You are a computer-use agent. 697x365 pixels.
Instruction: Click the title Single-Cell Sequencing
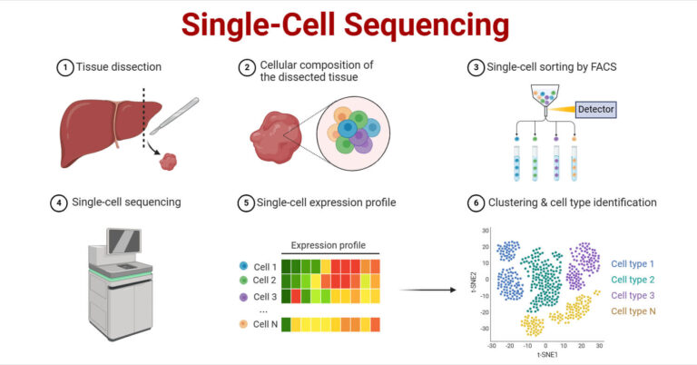tap(348, 25)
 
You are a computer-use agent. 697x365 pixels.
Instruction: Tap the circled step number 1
tap(64, 68)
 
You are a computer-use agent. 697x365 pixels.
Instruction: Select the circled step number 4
tap(64, 202)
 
